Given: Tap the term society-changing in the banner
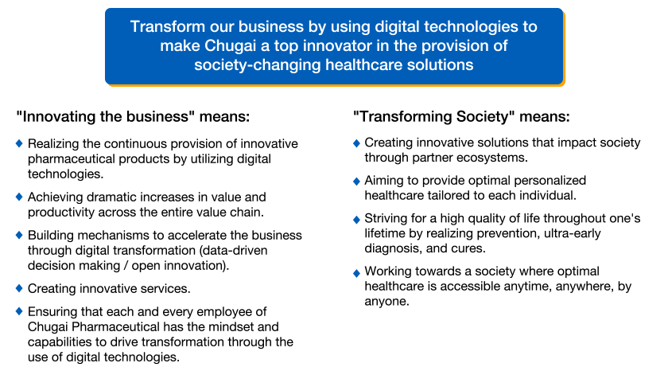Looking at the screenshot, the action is pyautogui.click(x=258, y=64).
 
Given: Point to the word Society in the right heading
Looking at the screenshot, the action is pyautogui.click(x=485, y=116).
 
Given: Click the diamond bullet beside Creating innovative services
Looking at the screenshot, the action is pyautogui.click(x=19, y=288).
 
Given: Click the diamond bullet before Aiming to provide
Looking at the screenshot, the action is pyautogui.click(x=356, y=182).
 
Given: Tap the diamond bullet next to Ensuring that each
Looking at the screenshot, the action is pyautogui.click(x=19, y=311).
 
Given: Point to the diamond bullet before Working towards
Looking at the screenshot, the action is pyautogui.click(x=356, y=273).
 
